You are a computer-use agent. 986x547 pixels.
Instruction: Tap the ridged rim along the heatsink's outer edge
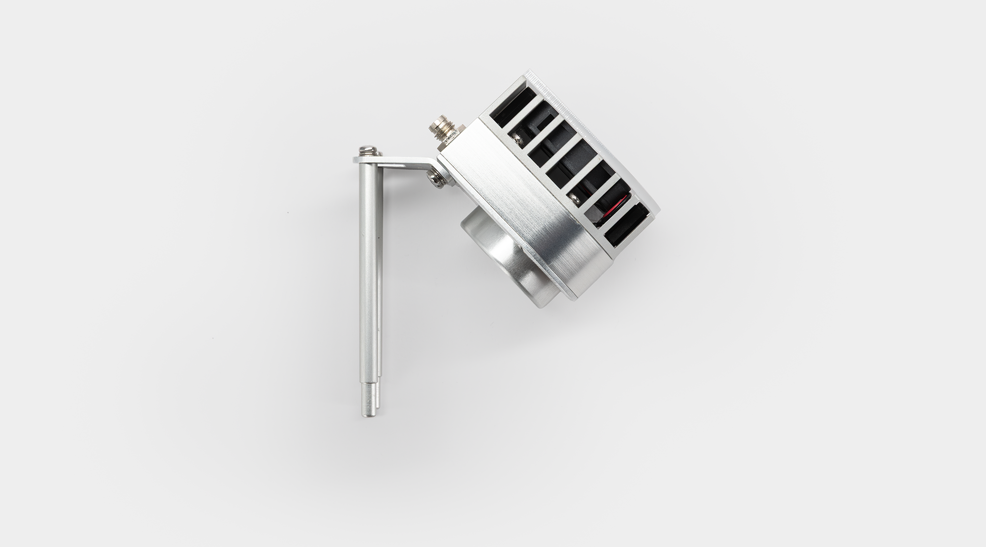(597, 125)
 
